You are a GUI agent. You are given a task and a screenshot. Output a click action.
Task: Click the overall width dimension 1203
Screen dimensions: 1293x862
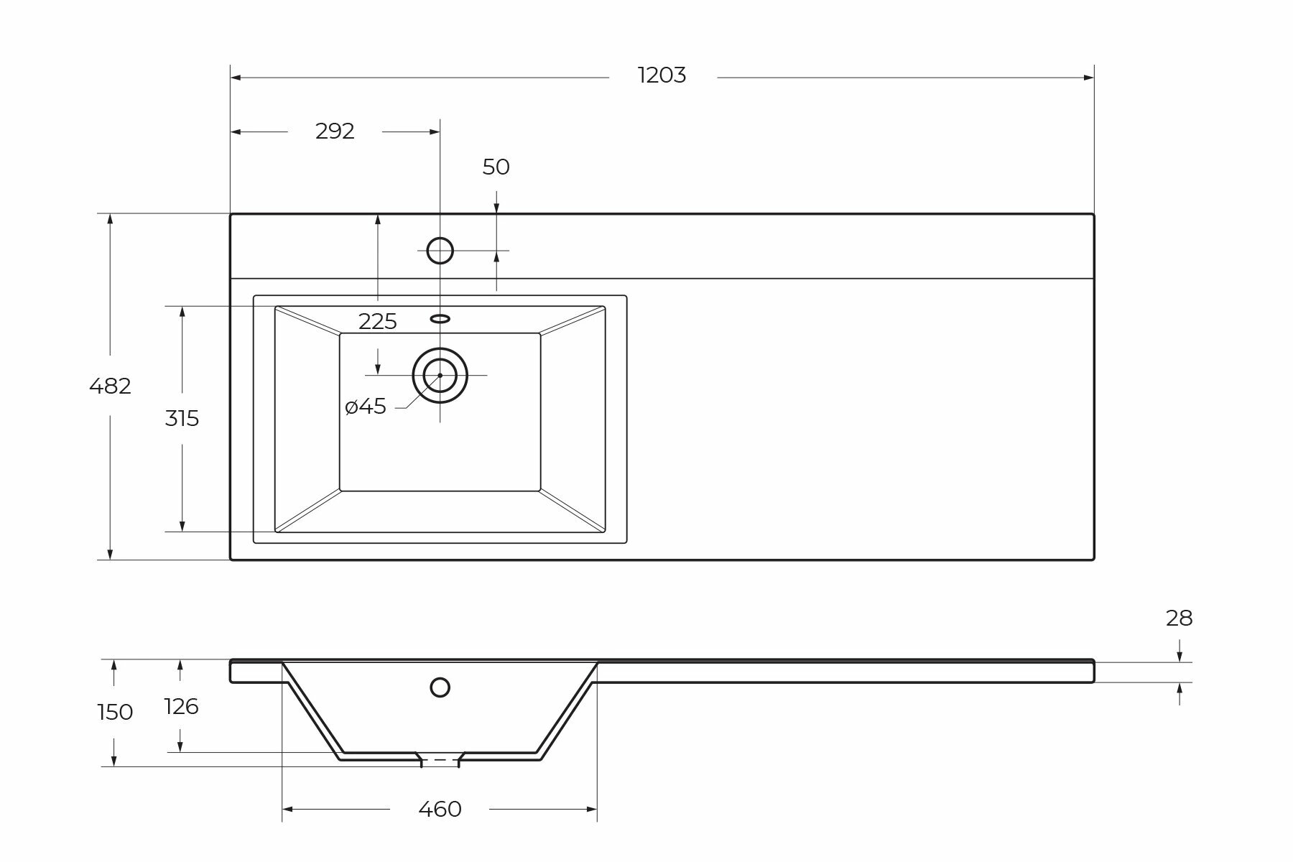pyautogui.click(x=662, y=75)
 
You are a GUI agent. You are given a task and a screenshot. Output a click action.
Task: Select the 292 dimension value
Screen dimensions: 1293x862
pyautogui.click(x=335, y=131)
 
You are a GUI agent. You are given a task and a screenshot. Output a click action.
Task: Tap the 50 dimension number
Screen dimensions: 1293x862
pyautogui.click(x=496, y=167)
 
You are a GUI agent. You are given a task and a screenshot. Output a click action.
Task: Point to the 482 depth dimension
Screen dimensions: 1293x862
pyautogui.click(x=110, y=386)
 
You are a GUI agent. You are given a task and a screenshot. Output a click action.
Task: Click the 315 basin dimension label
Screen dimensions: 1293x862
pyautogui.click(x=182, y=418)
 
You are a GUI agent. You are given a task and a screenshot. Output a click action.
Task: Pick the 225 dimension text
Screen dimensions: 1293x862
pyautogui.click(x=378, y=322)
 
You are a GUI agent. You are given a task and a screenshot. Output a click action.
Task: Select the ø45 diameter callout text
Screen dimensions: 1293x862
pyautogui.click(x=366, y=407)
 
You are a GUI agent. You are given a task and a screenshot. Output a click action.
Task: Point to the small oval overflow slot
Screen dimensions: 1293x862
pyautogui.click(x=440, y=318)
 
